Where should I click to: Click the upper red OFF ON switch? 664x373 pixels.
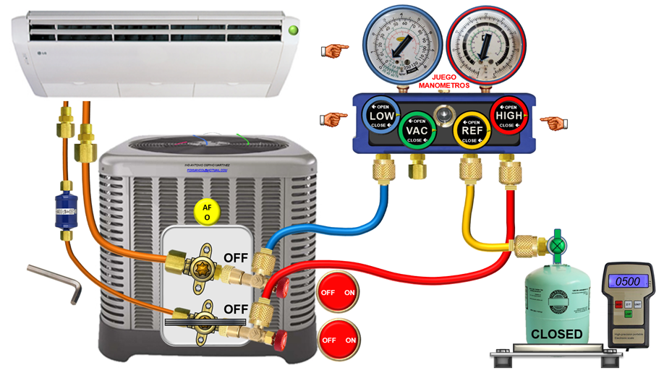click(x=339, y=293)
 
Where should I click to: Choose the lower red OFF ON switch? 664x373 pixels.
click(x=339, y=340)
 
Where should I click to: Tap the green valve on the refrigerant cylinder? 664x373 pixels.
click(x=556, y=246)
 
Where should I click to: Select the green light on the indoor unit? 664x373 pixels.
click(x=294, y=30)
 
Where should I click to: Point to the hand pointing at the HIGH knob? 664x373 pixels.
click(x=554, y=123)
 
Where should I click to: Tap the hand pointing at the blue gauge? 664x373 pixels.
click(x=334, y=50)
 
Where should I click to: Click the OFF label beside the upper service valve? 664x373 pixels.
click(x=236, y=257)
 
